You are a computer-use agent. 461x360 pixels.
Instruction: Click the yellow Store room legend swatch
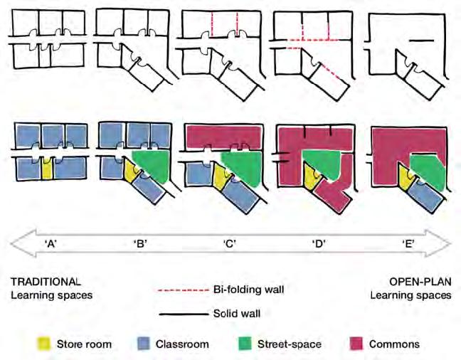coord(45,344)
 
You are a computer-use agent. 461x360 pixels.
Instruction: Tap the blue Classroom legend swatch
coord(141,344)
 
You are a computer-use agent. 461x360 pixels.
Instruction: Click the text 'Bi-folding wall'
coord(245,291)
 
